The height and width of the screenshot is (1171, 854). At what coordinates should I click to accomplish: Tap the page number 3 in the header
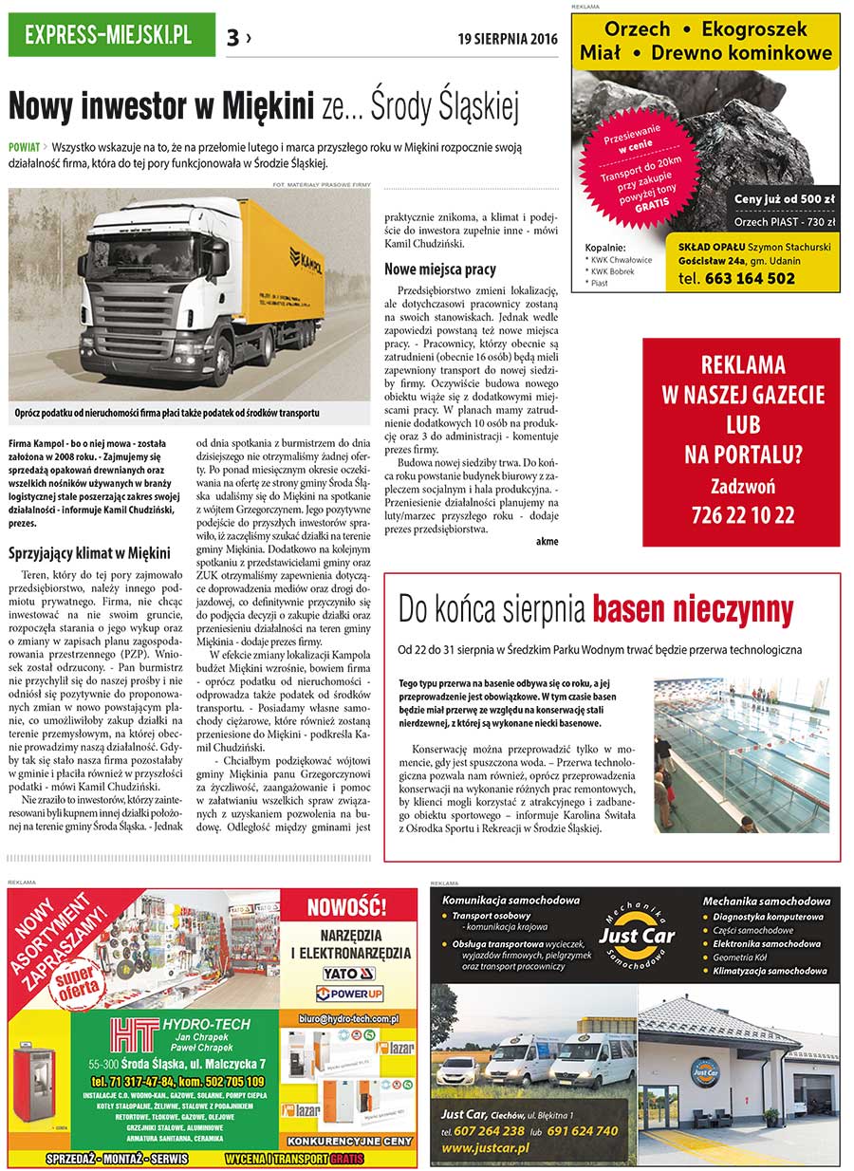[x=233, y=37]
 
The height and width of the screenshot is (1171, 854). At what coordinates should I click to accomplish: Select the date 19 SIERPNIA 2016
[x=507, y=39]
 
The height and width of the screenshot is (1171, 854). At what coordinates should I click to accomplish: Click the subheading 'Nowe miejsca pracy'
[x=439, y=270]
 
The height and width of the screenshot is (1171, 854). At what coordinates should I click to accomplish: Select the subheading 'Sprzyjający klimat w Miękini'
[x=89, y=552]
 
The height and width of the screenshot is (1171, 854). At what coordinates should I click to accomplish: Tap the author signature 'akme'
[x=547, y=541]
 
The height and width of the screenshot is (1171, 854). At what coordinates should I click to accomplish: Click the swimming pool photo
[x=741, y=755]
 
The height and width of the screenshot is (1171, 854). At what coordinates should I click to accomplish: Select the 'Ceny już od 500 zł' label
[x=785, y=199]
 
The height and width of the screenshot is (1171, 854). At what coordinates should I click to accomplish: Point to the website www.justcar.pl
[x=485, y=1147]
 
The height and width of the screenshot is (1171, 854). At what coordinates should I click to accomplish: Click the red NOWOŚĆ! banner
[x=353, y=903]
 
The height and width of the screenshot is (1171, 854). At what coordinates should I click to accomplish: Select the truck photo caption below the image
[x=167, y=413]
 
